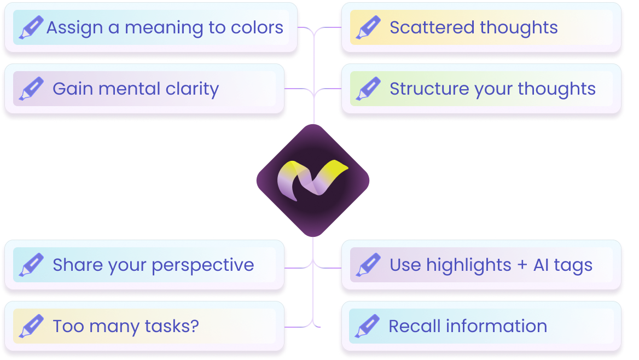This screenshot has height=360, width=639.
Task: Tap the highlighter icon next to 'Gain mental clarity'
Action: coord(31,89)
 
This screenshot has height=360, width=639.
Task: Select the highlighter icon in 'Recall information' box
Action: coord(367,327)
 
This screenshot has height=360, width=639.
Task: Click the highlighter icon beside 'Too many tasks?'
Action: coord(31,327)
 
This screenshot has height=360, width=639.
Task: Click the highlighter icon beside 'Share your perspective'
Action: coord(31,265)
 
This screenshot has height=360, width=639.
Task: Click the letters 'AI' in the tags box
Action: coord(541,265)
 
